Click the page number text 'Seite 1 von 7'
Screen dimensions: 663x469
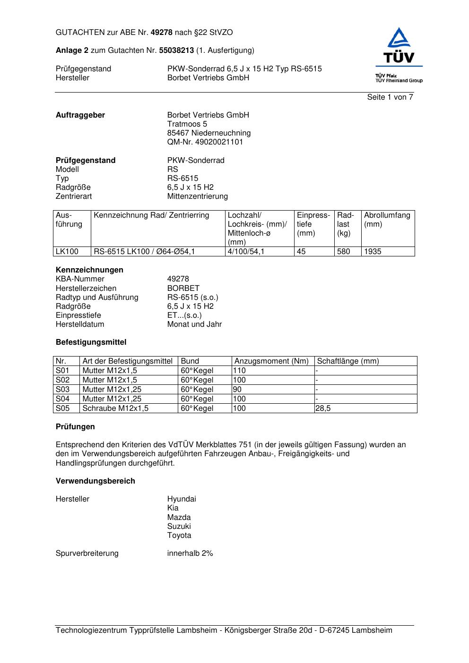coord(390,97)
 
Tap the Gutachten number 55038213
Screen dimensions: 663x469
coord(176,51)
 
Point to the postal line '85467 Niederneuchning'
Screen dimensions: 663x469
coord(208,133)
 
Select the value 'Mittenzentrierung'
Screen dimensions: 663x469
coord(197,196)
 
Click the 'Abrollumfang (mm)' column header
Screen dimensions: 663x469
coord(387,220)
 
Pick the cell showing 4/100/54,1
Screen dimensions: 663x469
coord(246,252)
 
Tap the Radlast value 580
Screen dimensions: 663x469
coord(343,252)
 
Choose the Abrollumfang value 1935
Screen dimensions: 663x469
coord(373,252)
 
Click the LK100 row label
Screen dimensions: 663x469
coord(67,252)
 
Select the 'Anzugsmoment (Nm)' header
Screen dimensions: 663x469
coord(271,361)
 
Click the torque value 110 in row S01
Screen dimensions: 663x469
coord(239,371)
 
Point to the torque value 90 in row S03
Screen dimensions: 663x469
coord(237,390)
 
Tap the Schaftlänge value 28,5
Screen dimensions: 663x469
coord(323,408)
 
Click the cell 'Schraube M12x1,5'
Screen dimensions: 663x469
coord(115,408)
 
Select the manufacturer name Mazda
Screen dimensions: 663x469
coord(179,518)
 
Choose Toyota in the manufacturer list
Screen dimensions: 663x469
coord(179,535)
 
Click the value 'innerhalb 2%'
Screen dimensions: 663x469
coord(190,553)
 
